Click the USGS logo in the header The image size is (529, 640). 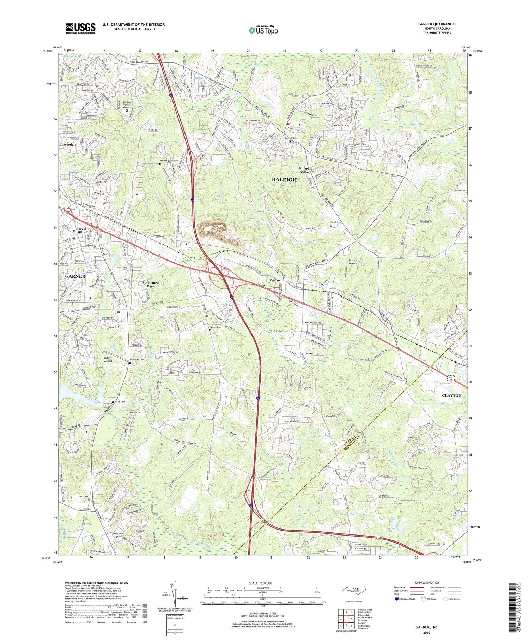coord(80,28)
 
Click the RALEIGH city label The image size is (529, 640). coord(284,180)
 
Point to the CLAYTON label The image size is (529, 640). coord(451,396)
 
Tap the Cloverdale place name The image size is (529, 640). coord(68,145)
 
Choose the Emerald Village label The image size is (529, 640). coord(306,170)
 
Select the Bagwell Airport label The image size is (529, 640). coord(108,359)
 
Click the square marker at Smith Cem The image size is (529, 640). coord(331,225)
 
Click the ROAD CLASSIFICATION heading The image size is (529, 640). coord(427,582)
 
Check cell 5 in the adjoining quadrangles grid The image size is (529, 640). coord(352,618)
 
